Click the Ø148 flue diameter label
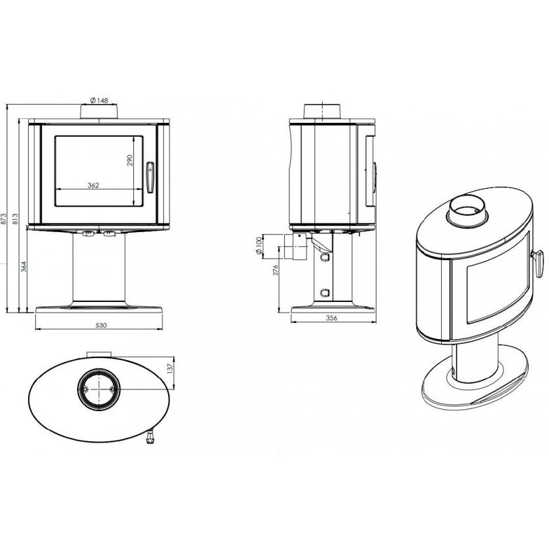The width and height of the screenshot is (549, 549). coord(99,101)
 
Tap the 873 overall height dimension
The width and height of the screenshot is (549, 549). coord(3,219)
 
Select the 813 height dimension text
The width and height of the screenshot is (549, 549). coord(14,219)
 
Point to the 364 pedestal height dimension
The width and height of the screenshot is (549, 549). coord(24,267)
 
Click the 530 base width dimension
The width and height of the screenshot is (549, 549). coord(101,325)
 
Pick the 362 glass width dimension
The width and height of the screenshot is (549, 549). coord(93,185)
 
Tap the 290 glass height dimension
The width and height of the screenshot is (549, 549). coord(129,160)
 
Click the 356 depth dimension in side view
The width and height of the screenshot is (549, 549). coord(331,318)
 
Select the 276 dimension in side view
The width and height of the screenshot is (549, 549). coord(275,269)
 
